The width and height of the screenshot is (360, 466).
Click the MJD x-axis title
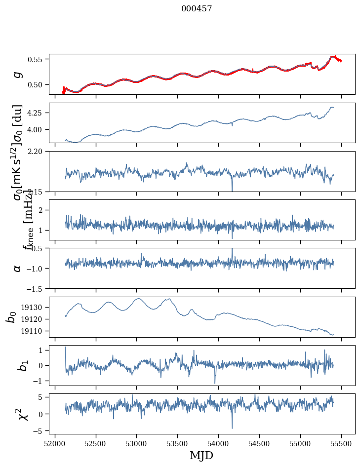pos(201,456)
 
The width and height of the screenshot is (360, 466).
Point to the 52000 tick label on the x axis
pos(55,443)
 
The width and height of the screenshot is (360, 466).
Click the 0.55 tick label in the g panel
pos(37,59)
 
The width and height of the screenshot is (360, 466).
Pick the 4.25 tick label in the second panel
pos(37,113)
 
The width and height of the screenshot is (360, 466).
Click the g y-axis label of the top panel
pos(17,74)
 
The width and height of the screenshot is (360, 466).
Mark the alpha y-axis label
pos(17,268)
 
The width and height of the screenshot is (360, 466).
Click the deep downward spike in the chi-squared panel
pos(232,427)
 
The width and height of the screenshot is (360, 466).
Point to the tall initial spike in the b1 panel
pos(66,348)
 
